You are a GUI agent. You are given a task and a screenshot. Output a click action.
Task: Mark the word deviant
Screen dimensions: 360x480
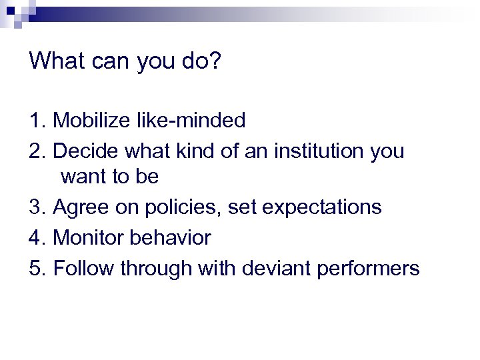tap(276, 268)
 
